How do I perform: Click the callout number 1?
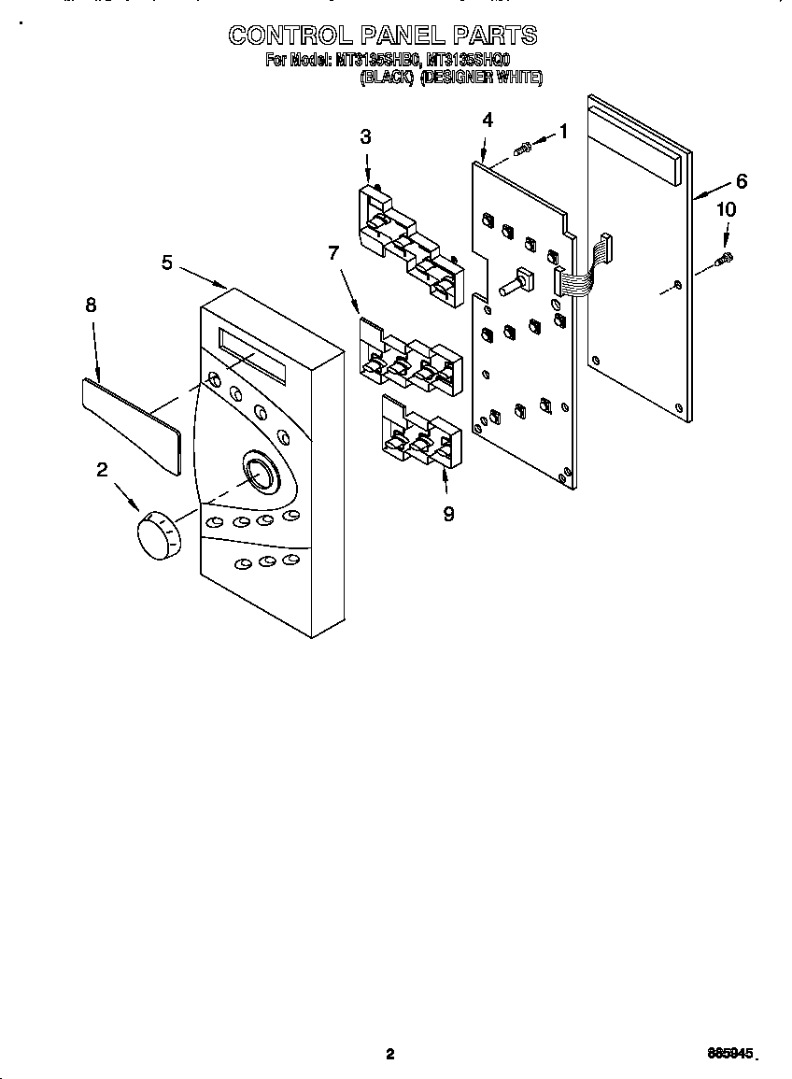click(x=563, y=132)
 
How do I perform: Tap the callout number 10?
click(x=726, y=210)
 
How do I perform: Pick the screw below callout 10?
click(x=725, y=258)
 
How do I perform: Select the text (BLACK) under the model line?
click(x=387, y=78)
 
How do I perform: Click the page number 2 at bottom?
click(x=390, y=1054)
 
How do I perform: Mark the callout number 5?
click(x=166, y=263)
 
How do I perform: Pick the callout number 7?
click(x=332, y=253)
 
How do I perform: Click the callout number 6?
click(x=741, y=180)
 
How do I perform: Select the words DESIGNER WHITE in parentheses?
click(x=481, y=78)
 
